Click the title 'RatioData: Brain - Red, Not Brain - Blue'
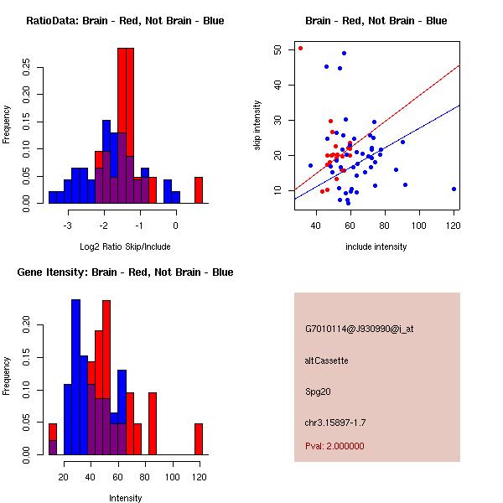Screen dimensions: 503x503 [x=125, y=21]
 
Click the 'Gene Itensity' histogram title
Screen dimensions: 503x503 [x=125, y=272]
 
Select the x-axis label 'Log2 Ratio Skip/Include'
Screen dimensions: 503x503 [x=125, y=246]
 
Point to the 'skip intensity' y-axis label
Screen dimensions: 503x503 [x=258, y=126]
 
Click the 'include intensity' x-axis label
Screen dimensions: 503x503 [x=376, y=246]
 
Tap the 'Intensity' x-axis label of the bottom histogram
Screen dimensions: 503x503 [x=125, y=498]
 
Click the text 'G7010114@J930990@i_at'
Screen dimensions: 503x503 [x=359, y=329]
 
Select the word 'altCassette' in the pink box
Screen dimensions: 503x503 [x=326, y=360]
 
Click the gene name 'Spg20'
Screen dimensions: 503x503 [x=318, y=391]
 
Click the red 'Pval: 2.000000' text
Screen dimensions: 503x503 [x=334, y=446]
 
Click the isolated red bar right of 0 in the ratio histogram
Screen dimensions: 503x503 [x=199, y=189]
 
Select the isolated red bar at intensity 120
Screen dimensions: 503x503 [x=199, y=438]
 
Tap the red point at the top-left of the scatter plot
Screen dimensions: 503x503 [x=300, y=48]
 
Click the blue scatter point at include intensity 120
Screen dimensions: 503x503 [x=454, y=189]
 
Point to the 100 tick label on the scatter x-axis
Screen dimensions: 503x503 [x=419, y=225]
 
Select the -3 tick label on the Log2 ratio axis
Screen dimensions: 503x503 [x=68, y=225]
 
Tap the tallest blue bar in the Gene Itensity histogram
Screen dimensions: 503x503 [x=75, y=377]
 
